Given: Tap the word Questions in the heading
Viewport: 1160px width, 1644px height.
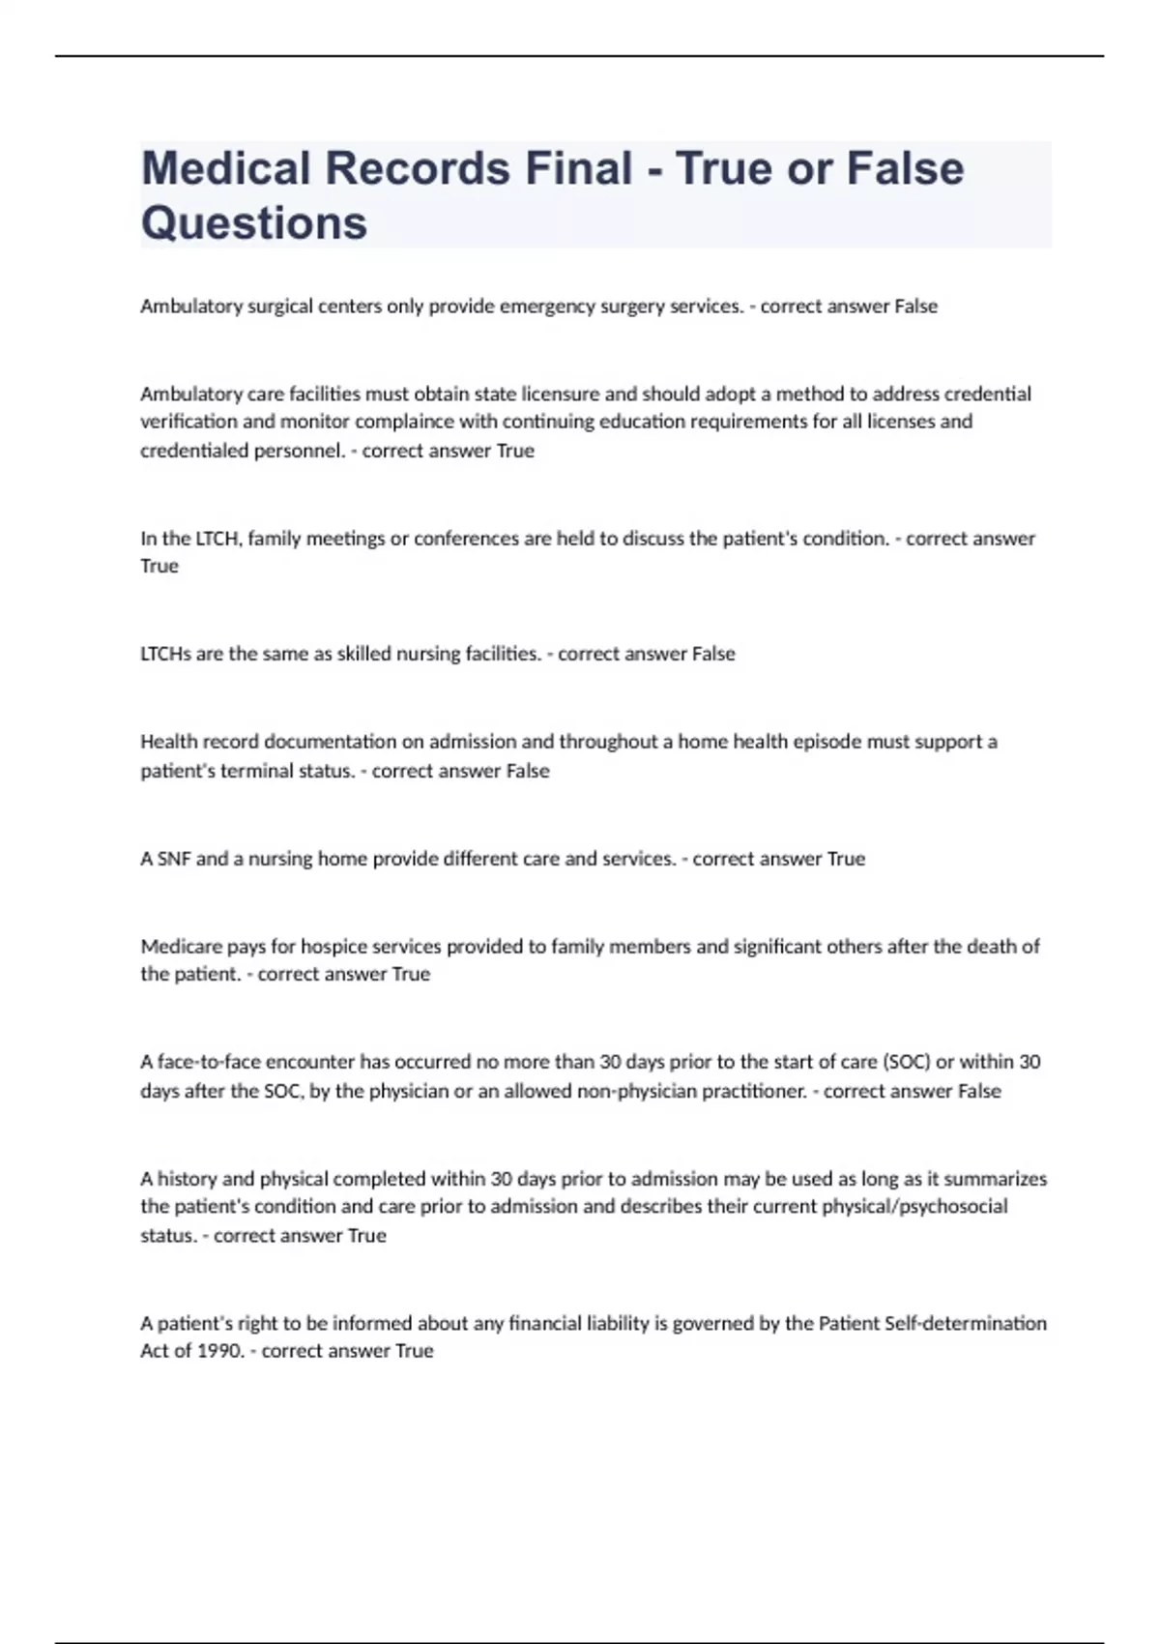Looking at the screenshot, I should coord(254,223).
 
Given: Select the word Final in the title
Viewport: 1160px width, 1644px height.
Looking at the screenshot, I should coord(578,168).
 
